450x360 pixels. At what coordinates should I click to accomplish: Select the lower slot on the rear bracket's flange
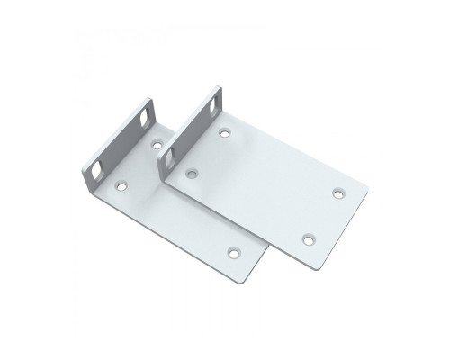[96, 167]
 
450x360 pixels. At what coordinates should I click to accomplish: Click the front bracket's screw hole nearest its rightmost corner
[337, 193]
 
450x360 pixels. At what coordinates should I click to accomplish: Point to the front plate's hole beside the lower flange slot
[190, 170]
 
